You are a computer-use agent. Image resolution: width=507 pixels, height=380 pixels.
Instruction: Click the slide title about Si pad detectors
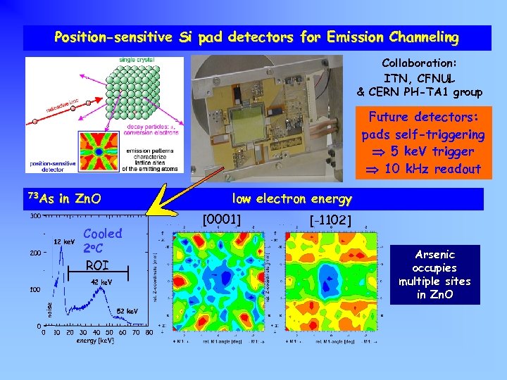[x=256, y=37]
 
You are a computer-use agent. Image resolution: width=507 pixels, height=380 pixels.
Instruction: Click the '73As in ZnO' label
[x=63, y=198]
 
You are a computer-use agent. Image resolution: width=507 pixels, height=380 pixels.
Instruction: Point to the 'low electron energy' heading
[x=292, y=198]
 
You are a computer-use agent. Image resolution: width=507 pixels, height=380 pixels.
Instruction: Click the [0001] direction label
[x=222, y=219]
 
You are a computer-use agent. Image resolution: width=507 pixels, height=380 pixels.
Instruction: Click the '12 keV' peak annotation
[x=65, y=242]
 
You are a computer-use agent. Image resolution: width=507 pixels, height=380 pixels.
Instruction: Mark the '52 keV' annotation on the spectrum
[x=127, y=310]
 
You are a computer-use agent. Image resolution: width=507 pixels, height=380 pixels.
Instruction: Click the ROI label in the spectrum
[x=97, y=265]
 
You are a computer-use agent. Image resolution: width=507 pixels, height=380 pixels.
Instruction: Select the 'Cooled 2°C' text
[x=102, y=241]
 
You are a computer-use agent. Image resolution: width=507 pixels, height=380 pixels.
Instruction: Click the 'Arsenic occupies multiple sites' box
[x=434, y=274]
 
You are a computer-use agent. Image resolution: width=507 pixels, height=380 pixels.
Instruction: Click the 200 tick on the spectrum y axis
[x=34, y=253]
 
